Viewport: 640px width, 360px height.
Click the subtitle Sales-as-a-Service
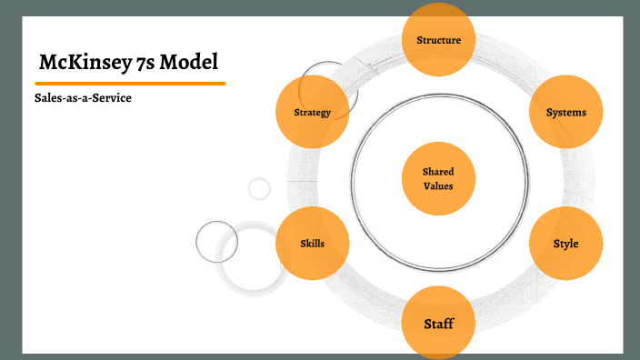77,97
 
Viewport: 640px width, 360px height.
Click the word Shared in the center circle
438,171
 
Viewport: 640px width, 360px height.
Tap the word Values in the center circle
438,185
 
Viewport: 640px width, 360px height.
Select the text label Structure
438,40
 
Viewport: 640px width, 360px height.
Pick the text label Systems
565,113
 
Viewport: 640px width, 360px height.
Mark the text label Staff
438,324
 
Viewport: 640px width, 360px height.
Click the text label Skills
312,244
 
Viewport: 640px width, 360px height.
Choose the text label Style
565,244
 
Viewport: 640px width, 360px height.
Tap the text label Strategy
312,113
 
